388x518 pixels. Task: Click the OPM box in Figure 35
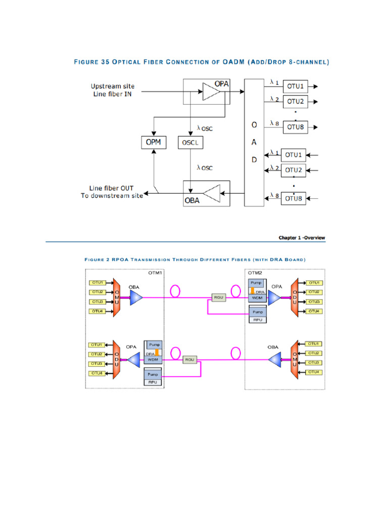click(x=153, y=142)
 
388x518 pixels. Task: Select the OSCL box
click(x=190, y=143)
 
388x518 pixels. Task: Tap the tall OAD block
click(x=254, y=142)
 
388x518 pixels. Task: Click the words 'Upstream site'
click(x=113, y=86)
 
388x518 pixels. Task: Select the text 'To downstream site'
click(x=112, y=196)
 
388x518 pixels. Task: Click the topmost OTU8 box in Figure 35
click(x=295, y=126)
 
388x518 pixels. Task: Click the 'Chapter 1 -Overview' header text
click(x=302, y=237)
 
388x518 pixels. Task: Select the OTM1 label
click(x=155, y=273)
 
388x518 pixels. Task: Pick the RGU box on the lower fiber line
click(x=190, y=359)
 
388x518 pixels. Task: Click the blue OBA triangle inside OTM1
click(x=136, y=298)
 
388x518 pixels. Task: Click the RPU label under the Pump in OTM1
click(x=153, y=382)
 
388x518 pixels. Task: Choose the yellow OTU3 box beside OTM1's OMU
click(x=97, y=302)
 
